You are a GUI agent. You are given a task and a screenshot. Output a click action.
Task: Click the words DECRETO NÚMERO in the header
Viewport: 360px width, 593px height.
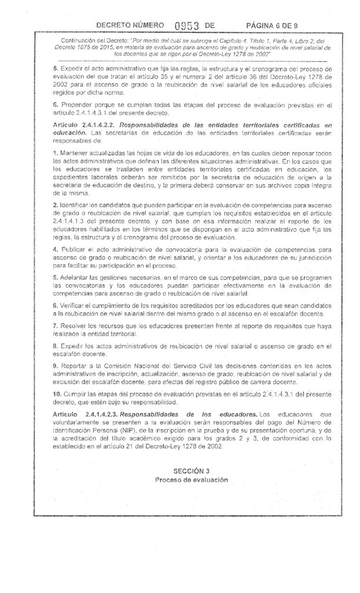click(x=127, y=25)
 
